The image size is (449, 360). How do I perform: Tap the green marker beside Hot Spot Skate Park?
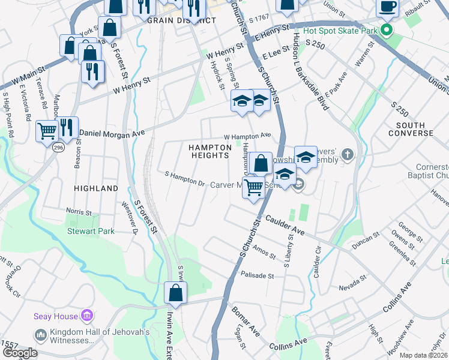pyautogui.click(x=387, y=29)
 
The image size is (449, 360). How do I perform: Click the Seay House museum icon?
pyautogui.click(x=87, y=316)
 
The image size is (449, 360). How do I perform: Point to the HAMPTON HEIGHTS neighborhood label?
pyautogui.click(x=209, y=151)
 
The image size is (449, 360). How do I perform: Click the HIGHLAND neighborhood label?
pyautogui.click(x=96, y=188)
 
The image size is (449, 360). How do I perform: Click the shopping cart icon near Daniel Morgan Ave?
pyautogui.click(x=46, y=130)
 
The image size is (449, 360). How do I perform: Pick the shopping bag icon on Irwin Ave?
pyautogui.click(x=175, y=293)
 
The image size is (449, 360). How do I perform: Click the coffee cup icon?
pyautogui.click(x=387, y=7)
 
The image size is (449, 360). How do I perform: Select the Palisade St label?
pyautogui.click(x=257, y=276)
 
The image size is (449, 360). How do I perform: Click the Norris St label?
pyautogui.click(x=79, y=212)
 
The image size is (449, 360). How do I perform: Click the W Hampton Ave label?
pyautogui.click(x=247, y=136)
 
